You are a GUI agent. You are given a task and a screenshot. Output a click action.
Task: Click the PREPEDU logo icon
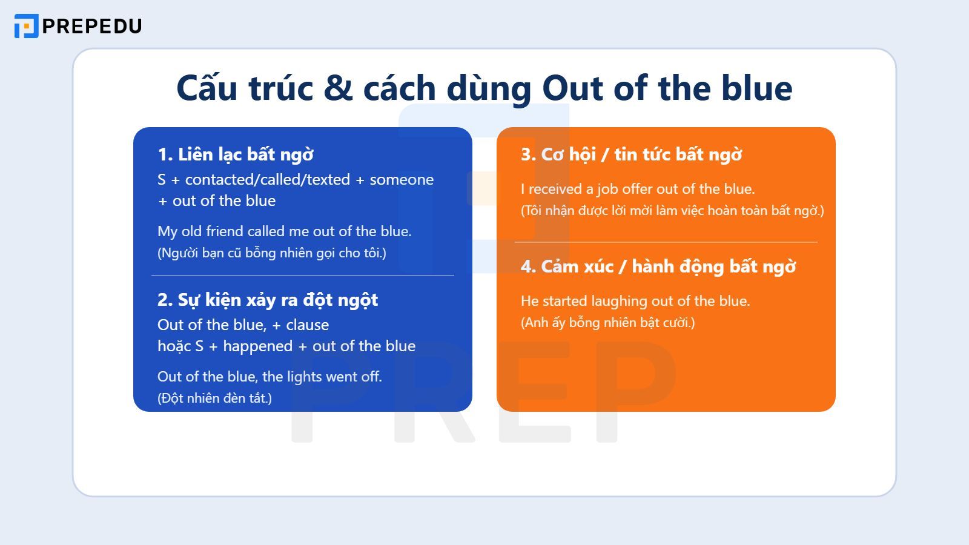26,26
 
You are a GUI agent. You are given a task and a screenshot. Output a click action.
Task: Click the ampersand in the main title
338,88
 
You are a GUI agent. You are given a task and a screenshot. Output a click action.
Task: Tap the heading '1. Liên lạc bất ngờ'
236,154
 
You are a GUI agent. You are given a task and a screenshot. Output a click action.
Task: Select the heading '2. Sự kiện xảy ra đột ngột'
267,300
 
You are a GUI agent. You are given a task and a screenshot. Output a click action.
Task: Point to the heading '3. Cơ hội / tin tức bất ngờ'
631,154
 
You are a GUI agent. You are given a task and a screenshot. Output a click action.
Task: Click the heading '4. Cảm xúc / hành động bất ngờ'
658,266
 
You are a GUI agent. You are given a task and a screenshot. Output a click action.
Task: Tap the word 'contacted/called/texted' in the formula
267,180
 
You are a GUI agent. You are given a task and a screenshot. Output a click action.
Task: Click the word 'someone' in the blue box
402,180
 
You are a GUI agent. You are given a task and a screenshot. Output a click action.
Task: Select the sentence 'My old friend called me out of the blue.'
284,231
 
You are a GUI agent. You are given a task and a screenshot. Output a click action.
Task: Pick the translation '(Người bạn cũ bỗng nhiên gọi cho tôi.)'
271,253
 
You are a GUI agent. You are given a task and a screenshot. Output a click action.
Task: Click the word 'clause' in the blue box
307,325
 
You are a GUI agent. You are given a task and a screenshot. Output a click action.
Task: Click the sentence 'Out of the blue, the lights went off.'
270,377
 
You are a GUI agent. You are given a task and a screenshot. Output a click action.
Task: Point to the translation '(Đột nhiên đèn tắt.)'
214,398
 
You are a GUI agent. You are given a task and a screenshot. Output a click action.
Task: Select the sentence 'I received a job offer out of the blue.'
638,189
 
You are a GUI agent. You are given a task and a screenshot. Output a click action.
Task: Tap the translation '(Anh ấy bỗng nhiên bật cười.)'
607,323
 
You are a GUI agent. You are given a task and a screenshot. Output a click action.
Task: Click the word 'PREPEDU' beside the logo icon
92,26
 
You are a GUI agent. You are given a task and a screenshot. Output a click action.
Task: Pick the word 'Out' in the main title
572,88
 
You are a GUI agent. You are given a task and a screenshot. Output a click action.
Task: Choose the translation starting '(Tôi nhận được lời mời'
672,211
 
